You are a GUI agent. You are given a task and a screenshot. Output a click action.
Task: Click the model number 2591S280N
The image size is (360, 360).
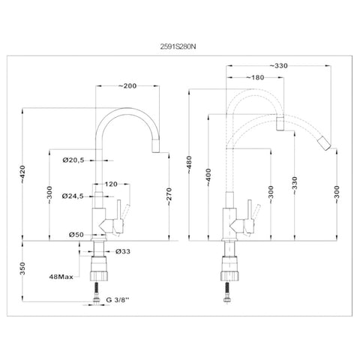(178, 46)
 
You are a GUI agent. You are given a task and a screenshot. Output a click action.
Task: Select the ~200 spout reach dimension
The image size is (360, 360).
(127, 85)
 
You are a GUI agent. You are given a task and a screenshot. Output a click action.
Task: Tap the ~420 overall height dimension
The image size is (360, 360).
(22, 174)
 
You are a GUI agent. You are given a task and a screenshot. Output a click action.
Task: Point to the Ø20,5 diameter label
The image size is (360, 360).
(73, 160)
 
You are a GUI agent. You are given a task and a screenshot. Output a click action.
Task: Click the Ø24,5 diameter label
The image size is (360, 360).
(73, 196)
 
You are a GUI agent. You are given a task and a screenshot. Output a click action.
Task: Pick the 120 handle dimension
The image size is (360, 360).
(111, 184)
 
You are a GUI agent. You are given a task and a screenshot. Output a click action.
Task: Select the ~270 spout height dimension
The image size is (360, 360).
(169, 196)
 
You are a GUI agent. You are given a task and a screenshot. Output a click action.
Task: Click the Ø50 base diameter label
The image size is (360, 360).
(76, 235)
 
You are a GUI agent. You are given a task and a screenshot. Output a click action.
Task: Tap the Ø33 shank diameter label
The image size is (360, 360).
(123, 251)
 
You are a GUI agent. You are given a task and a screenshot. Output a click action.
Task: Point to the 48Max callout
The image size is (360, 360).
(61, 277)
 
